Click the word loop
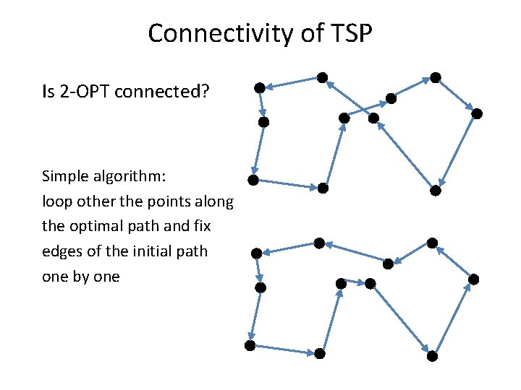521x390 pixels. [x=56, y=201]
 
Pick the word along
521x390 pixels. [x=216, y=201]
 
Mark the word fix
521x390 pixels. [x=202, y=226]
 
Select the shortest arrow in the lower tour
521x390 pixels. [x=355, y=282]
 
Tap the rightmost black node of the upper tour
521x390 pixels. [x=477, y=113]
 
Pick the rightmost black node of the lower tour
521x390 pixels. [x=474, y=279]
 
